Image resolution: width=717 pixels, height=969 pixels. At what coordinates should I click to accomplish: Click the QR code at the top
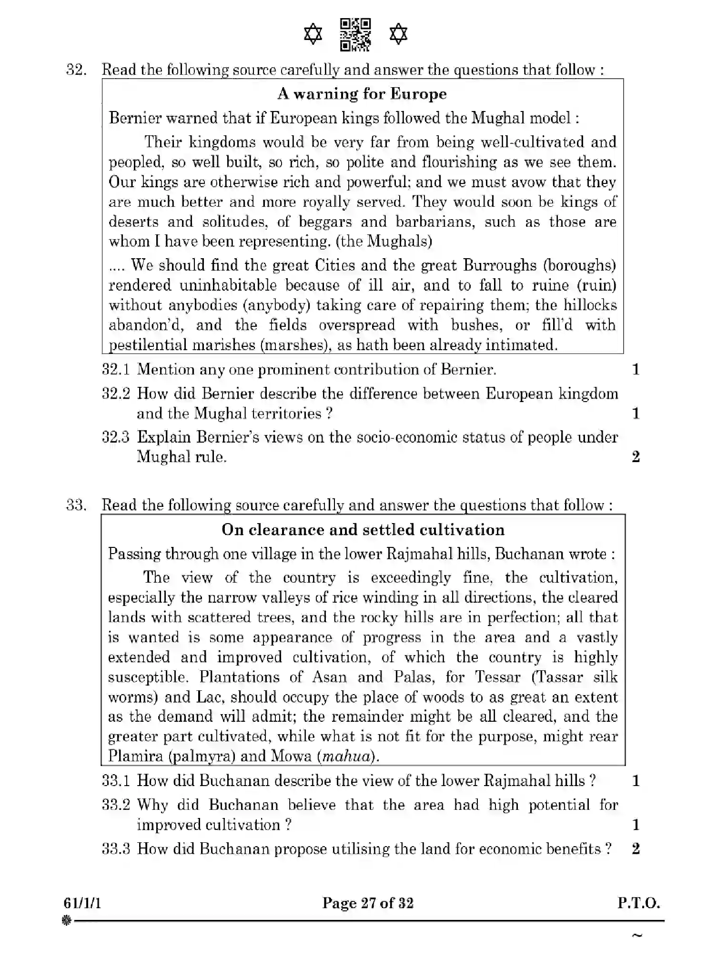355,34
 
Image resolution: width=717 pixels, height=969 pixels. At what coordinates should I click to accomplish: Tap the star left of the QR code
313,35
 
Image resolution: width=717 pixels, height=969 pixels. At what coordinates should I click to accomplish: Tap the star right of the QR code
398,35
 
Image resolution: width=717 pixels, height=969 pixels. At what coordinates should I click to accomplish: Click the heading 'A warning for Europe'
362,94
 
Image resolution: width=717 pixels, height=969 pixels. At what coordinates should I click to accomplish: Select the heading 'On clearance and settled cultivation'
363,530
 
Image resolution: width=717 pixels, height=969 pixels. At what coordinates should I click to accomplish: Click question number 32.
76,70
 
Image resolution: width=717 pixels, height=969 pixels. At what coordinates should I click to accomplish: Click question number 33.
76,505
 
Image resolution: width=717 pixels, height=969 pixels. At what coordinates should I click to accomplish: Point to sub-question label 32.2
116,394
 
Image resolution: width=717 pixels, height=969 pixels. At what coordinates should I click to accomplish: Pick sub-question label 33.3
116,849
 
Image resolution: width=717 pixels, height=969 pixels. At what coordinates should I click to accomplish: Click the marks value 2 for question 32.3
636,457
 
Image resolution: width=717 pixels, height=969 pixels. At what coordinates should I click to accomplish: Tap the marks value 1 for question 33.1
636,781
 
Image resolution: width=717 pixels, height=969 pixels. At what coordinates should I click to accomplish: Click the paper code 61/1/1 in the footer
82,903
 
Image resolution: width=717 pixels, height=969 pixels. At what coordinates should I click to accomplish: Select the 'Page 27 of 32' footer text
368,903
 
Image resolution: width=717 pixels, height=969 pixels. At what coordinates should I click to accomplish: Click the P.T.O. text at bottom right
638,903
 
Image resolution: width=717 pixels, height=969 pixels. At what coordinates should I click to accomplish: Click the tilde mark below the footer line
636,935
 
